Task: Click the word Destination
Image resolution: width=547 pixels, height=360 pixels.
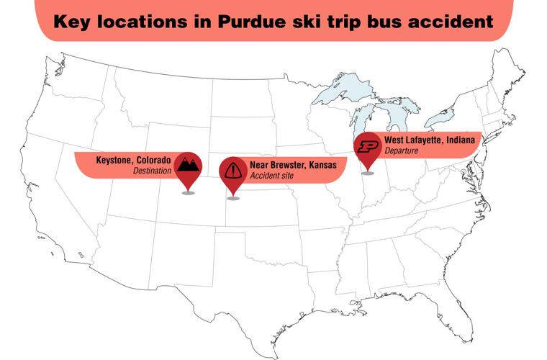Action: [152, 171]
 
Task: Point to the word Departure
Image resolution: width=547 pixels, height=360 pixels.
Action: [402, 151]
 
